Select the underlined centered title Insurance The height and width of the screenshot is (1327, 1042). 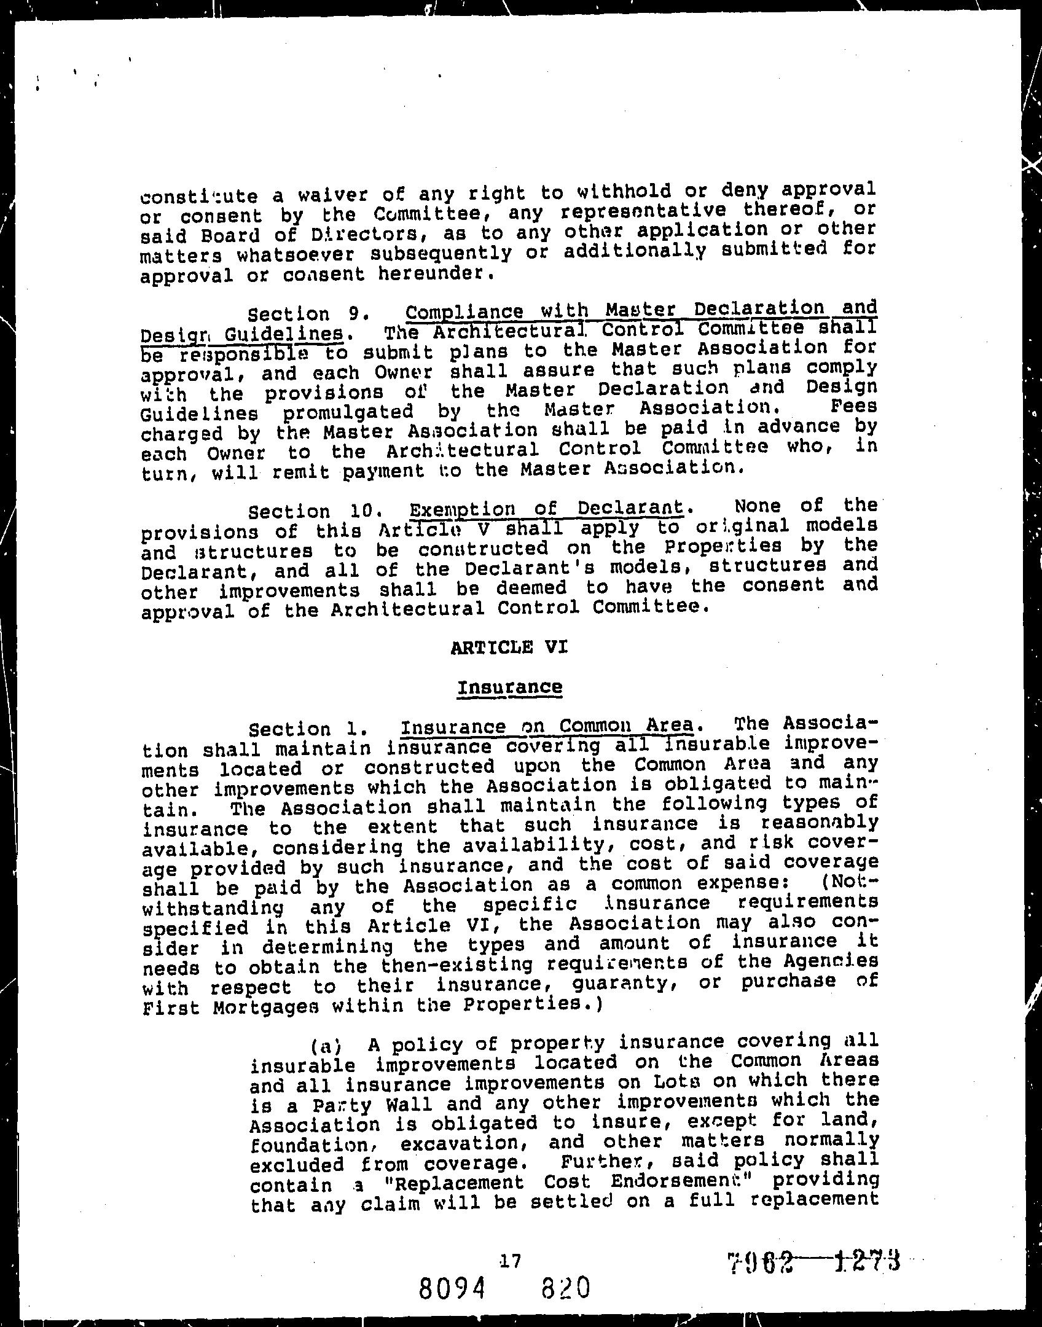(x=509, y=687)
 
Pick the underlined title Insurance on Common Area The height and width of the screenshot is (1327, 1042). (x=546, y=726)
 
